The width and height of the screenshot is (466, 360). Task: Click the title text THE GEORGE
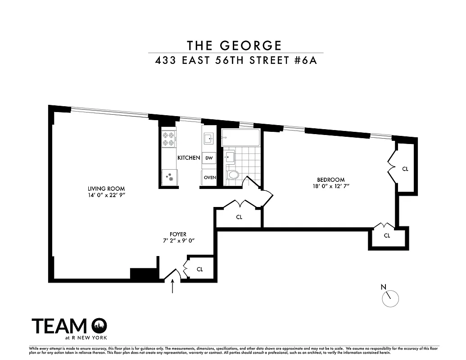(235, 45)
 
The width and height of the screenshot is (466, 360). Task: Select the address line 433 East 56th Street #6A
(236, 60)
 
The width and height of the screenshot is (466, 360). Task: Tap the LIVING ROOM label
(106, 189)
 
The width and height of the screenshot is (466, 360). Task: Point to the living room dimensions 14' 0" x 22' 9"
(106, 196)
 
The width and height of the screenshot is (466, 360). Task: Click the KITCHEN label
(189, 158)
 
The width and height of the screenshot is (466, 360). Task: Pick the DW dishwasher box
(209, 158)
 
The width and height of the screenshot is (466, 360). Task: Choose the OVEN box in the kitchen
(210, 177)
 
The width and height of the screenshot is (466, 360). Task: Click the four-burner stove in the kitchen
(169, 139)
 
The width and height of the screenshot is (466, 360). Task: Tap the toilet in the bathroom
(233, 175)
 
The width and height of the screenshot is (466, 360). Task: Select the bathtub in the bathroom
(240, 137)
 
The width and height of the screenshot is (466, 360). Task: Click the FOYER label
(178, 234)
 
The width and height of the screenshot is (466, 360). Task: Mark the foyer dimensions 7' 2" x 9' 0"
(178, 241)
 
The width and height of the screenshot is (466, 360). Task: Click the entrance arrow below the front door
(173, 286)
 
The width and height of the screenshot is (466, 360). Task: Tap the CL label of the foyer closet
(200, 269)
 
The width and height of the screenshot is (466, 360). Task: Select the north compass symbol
(390, 297)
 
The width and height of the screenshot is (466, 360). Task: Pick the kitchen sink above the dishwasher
(209, 138)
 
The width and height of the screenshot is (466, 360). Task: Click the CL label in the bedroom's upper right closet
(405, 169)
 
